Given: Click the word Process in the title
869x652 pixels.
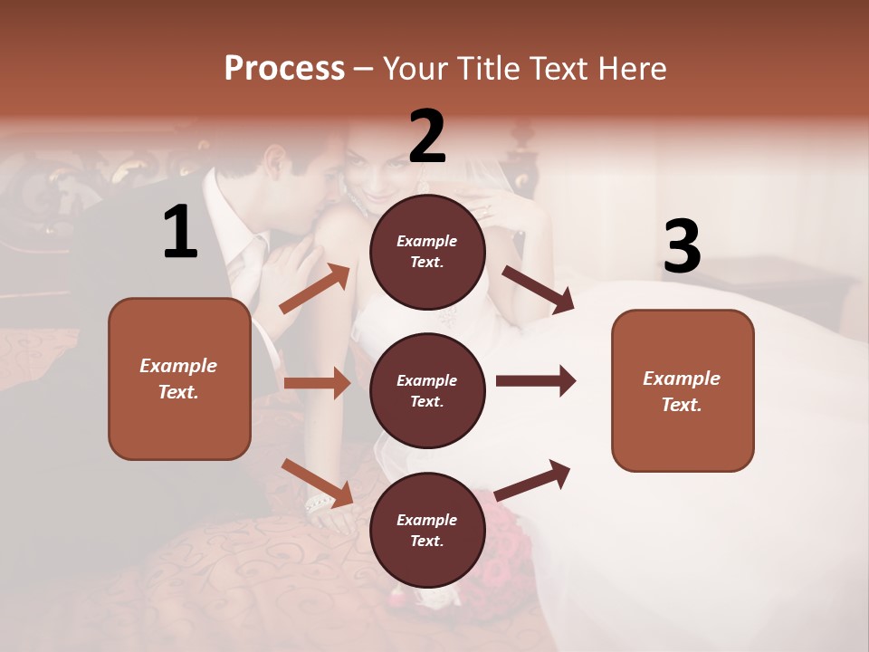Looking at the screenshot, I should pyautogui.click(x=284, y=69).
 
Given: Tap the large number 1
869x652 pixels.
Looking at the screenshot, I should pyautogui.click(x=180, y=233).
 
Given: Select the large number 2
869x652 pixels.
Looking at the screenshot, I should pyautogui.click(x=427, y=137).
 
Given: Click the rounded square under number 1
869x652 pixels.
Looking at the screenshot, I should pyautogui.click(x=179, y=379).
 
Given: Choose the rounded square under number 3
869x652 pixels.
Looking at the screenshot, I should pyautogui.click(x=683, y=390).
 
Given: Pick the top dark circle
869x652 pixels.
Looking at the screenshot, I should pyautogui.click(x=427, y=252).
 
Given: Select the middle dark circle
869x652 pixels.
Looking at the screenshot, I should pyautogui.click(x=427, y=390).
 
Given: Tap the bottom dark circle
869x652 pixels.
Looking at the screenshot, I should pyautogui.click(x=427, y=530).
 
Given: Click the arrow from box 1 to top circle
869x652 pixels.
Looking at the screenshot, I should pyautogui.click(x=315, y=288).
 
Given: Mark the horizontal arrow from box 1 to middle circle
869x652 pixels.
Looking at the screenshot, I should pyautogui.click(x=316, y=383).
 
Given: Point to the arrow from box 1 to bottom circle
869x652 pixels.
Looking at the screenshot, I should pyautogui.click(x=317, y=481).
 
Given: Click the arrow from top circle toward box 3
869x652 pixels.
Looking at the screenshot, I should pyautogui.click(x=539, y=290).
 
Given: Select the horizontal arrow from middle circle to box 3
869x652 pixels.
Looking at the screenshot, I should pyautogui.click(x=535, y=380).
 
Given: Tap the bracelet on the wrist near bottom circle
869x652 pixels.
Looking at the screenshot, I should pyautogui.click(x=320, y=503).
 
